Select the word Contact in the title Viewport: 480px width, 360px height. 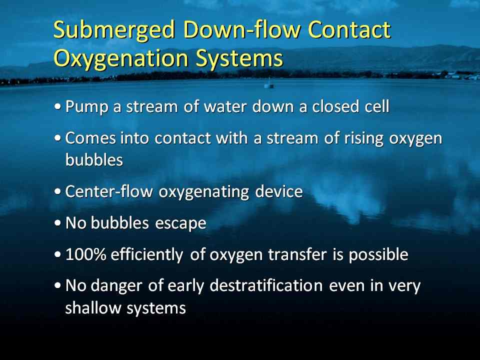[349, 29]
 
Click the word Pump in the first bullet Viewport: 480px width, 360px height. [87, 107]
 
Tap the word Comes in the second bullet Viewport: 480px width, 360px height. [90, 138]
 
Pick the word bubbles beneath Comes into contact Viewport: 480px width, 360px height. [94, 159]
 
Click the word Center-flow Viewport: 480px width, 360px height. [109, 191]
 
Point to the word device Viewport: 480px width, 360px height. [279, 191]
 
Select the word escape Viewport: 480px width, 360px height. [180, 223]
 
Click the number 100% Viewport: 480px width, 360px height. [85, 254]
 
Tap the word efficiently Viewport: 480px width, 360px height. [147, 254]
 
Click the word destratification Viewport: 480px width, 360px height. [266, 285]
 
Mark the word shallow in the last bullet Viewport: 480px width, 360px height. [93, 307]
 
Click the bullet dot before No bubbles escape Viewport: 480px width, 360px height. [57, 223]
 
